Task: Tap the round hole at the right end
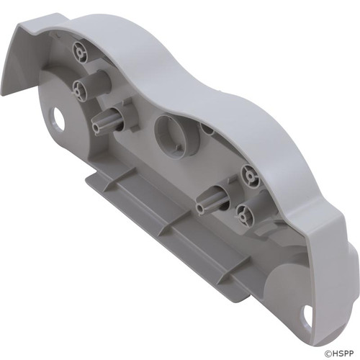click(x=308, y=315)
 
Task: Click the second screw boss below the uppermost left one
click(x=80, y=89)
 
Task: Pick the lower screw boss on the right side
click(x=243, y=214)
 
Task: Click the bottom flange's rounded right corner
click(x=245, y=295)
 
